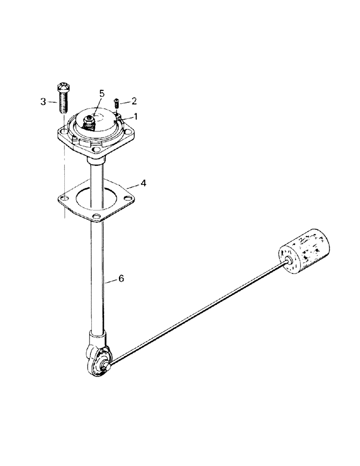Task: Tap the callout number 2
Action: click(x=134, y=100)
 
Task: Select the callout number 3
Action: click(x=43, y=101)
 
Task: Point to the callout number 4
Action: click(x=144, y=184)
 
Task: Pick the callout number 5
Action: click(x=101, y=93)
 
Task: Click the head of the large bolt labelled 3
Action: click(x=62, y=87)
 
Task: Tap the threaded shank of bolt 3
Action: click(x=63, y=103)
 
